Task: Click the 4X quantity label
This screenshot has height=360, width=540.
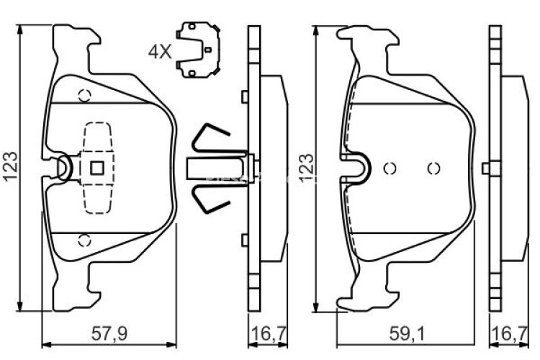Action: (x=160, y=51)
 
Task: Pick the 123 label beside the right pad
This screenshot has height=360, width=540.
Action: (x=307, y=168)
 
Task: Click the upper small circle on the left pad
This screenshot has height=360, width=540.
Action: (x=84, y=94)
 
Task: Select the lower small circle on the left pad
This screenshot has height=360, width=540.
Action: (x=84, y=240)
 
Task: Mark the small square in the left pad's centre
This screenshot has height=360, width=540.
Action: (x=97, y=168)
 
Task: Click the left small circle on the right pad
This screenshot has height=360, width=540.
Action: (x=390, y=168)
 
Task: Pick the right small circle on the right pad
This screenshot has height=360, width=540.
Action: (x=433, y=168)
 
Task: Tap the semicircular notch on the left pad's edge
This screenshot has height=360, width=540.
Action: (x=64, y=168)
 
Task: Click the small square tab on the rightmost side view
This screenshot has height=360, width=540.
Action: (x=486, y=168)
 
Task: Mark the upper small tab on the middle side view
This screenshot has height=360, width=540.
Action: (x=245, y=96)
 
